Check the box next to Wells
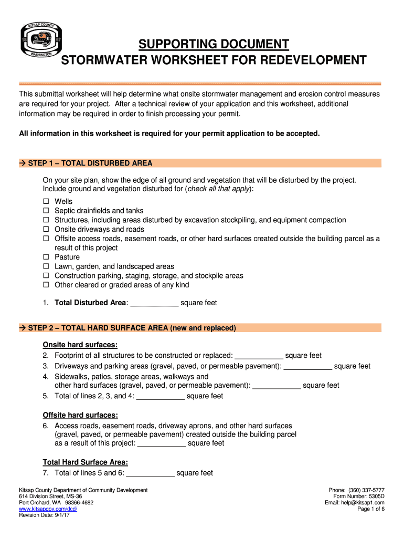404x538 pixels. coord(46,202)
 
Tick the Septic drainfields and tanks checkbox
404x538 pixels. coord(46,211)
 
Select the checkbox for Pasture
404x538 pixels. coord(46,257)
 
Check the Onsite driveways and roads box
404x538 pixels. coord(46,229)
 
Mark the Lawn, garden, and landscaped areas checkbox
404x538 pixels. coord(46,266)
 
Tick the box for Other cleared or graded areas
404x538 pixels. coord(46,285)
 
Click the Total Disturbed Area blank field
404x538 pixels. coord(154,303)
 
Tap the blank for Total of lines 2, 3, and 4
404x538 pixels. coord(160,396)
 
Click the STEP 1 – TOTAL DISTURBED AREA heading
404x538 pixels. coord(90,163)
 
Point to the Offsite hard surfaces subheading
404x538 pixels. coord(80,415)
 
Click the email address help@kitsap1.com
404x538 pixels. coord(363,503)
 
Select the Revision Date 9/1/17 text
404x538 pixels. coord(44,515)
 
